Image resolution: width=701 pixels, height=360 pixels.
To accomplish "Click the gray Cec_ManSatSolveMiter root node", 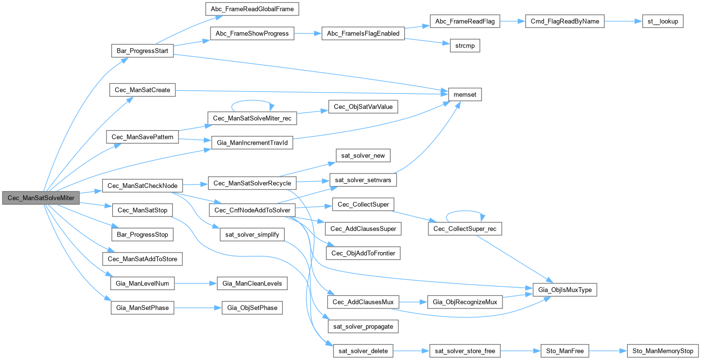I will [x=41, y=198].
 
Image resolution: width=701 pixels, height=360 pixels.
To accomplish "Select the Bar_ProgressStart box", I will [x=142, y=51].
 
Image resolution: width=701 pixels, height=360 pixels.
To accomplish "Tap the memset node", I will [x=465, y=95].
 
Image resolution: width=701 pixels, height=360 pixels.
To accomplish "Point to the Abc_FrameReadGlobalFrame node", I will [x=252, y=9].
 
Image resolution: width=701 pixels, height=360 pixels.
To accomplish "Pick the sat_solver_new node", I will [x=363, y=156].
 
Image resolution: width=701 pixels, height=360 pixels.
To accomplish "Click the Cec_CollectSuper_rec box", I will [x=465, y=228].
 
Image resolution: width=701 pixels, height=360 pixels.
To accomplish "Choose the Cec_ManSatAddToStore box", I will [x=142, y=259].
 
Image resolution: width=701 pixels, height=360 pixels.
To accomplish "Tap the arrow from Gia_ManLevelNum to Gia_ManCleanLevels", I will [x=195, y=283].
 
